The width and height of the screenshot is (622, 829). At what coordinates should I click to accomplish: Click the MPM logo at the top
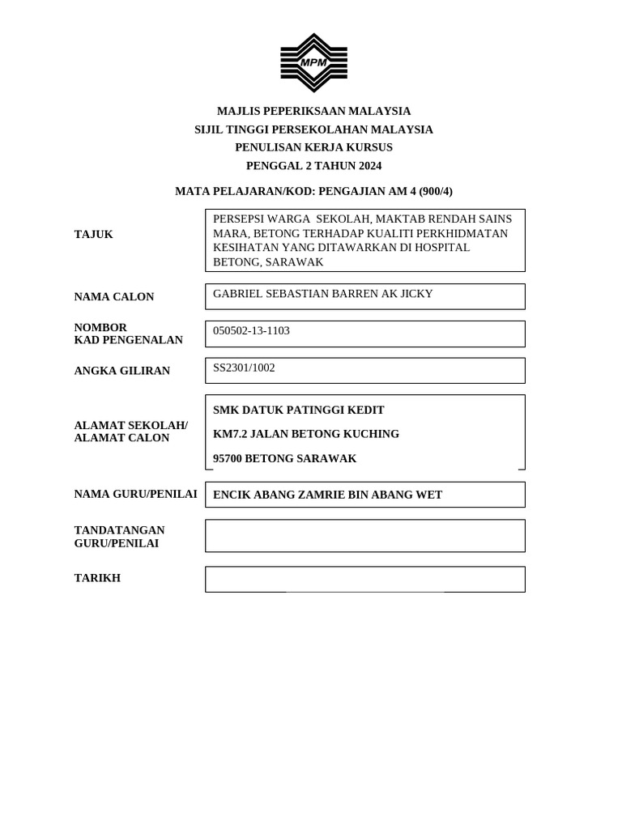[313, 62]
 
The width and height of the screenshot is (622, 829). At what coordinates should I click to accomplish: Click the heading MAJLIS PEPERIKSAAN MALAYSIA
[313, 111]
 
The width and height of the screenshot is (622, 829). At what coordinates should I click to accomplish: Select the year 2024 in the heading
[367, 166]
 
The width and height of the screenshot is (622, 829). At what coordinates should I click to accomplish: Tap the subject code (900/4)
[436, 191]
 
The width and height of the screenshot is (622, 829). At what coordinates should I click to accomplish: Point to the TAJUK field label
[94, 235]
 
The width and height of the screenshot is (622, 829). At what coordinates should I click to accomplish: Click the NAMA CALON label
[114, 297]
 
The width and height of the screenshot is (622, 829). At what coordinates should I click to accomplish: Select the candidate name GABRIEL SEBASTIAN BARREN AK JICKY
[323, 294]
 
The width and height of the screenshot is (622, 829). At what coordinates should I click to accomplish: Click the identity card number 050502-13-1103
[251, 331]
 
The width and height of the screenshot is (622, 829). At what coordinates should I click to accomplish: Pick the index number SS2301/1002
[244, 368]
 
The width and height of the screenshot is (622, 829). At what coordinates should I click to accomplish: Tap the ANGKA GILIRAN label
[122, 371]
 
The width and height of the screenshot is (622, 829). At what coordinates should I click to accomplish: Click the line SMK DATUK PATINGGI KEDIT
[299, 410]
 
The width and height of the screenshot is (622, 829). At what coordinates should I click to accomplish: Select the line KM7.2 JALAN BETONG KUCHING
[306, 434]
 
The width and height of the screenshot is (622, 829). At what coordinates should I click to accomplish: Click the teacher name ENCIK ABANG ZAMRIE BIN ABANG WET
[327, 495]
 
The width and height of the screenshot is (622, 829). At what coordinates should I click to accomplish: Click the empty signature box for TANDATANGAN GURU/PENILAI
[364, 536]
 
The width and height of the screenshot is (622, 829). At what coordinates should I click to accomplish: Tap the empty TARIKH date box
[364, 579]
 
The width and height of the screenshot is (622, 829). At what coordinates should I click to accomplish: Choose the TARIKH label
[97, 578]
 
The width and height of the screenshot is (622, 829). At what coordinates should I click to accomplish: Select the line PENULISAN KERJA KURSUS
[313, 147]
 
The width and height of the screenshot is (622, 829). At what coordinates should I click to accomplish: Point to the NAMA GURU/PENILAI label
[135, 494]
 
